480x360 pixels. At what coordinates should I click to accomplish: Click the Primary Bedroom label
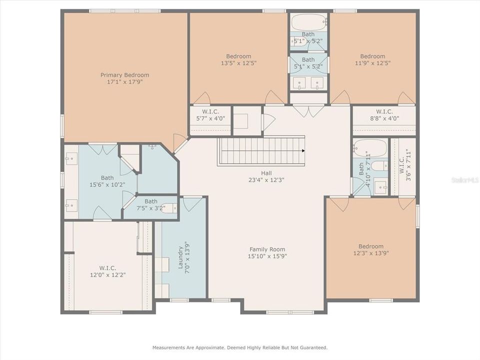point(124,75)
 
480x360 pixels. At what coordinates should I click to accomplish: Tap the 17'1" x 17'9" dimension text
point(124,82)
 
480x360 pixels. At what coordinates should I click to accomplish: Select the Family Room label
point(267,249)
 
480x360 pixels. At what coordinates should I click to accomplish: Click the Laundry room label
point(181,255)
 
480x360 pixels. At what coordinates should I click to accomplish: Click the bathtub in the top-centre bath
point(308,22)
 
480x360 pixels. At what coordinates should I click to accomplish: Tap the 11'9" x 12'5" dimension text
point(372,63)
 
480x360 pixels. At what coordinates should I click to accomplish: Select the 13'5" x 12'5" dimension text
point(238,63)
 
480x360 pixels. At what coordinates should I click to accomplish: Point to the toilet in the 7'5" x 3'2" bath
point(168,207)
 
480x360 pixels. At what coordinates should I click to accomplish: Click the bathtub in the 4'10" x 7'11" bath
point(370,148)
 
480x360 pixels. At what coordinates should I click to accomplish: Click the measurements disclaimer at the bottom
point(240,347)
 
